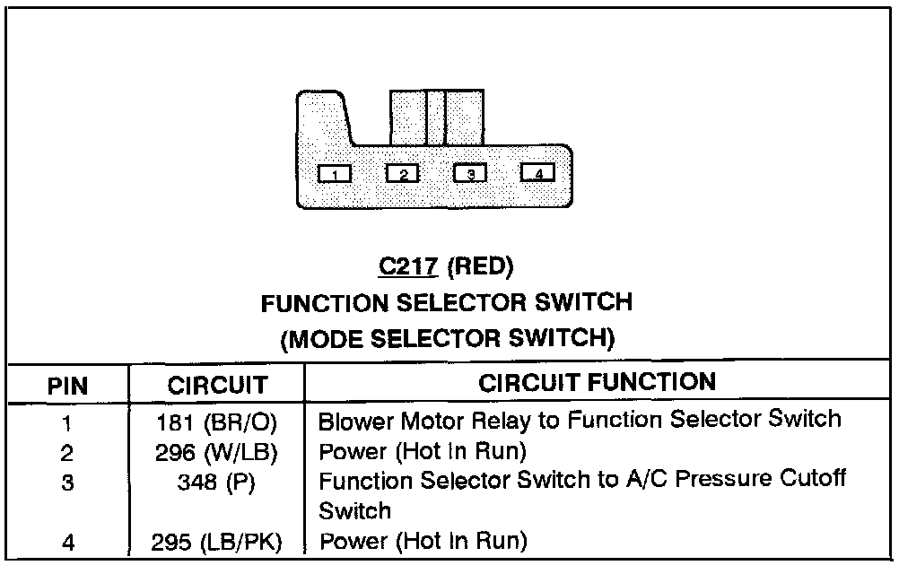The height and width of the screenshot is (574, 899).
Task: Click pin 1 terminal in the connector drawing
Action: (x=336, y=173)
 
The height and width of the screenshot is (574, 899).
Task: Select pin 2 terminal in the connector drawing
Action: (x=403, y=173)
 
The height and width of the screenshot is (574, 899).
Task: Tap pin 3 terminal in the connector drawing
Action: (x=470, y=173)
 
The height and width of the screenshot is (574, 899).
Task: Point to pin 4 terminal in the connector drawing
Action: (x=537, y=173)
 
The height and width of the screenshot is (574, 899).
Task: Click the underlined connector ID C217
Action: (x=410, y=266)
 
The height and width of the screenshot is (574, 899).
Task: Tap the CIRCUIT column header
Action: (x=217, y=387)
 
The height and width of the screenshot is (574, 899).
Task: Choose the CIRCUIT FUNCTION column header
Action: (x=597, y=383)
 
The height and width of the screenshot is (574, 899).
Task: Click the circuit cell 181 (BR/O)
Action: (x=217, y=421)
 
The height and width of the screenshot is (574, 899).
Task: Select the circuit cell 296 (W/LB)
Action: (x=217, y=450)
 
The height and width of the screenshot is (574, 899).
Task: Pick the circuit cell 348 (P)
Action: (x=217, y=482)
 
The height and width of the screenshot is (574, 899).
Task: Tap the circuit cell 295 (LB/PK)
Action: (x=217, y=542)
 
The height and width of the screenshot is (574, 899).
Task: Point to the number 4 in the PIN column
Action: (x=66, y=543)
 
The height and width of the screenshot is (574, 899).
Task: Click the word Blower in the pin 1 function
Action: (x=351, y=419)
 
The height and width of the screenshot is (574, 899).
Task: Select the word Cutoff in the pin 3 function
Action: (x=815, y=479)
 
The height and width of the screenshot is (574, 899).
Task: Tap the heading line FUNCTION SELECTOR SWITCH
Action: (x=446, y=303)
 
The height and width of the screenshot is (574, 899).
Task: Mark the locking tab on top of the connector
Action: (x=436, y=117)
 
